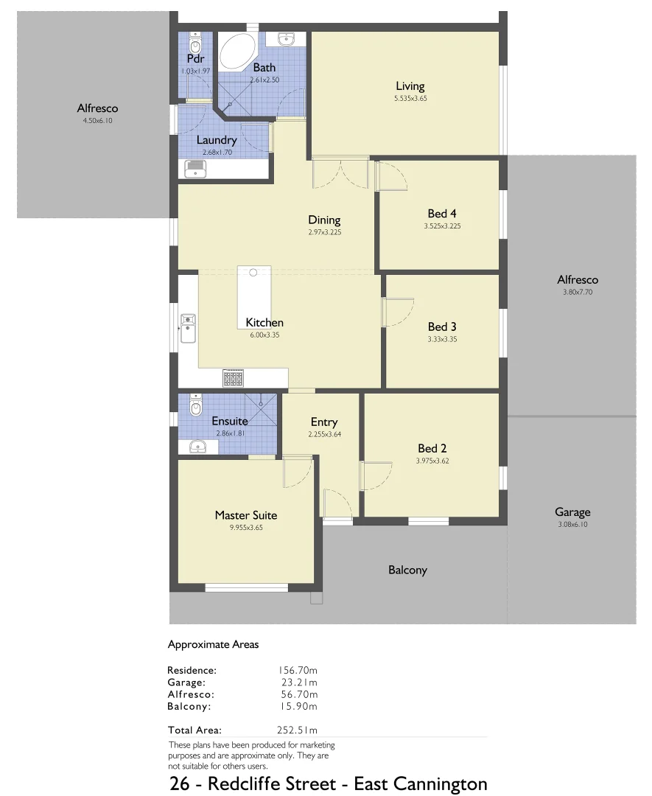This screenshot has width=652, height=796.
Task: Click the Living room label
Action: pos(410,86)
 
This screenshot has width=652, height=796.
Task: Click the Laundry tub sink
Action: pos(196,170)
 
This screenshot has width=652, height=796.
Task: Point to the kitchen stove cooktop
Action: pos(234,379)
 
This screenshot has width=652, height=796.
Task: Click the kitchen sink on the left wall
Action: pos(189,328)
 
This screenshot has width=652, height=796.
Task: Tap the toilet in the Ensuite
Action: pos(195,405)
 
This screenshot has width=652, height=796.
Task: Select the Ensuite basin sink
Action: pos(197,446)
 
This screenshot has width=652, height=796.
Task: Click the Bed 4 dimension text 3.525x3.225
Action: pos(442,226)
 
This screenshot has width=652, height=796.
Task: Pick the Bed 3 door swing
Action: pos(398,313)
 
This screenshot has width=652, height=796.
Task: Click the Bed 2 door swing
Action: pos(376,475)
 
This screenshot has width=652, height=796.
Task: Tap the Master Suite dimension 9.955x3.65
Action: pos(246,528)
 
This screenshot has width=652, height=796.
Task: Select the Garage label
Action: pos(572,512)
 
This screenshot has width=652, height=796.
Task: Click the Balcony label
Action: pos(407,570)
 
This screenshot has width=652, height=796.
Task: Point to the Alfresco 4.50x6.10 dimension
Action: pos(97,120)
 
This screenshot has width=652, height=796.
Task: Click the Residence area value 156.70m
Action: pos(298,671)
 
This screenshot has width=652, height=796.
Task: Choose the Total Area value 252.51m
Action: pos(298,730)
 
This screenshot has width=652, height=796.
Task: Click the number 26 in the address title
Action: pos(179,783)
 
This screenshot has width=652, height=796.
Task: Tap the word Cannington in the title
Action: pos(444,783)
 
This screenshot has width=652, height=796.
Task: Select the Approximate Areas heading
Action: pos(213,644)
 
